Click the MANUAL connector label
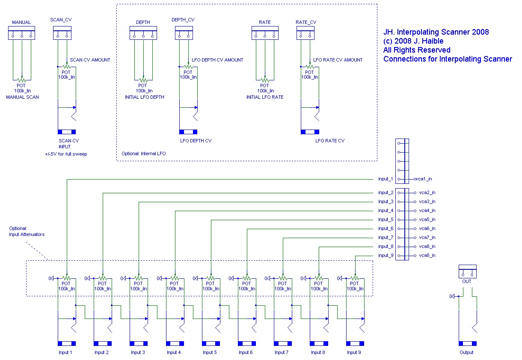click(x=21, y=22)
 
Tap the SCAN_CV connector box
click(x=62, y=33)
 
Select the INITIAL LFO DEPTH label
click(x=145, y=97)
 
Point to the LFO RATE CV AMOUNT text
click(x=338, y=60)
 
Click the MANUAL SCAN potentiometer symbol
click(x=22, y=80)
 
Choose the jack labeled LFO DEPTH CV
click(x=188, y=132)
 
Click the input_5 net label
click(x=386, y=220)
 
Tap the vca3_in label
click(x=427, y=202)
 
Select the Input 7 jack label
click(x=282, y=352)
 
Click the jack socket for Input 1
click(x=67, y=343)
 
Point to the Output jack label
click(x=466, y=352)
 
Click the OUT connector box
click(x=468, y=271)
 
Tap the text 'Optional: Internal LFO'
click(x=144, y=153)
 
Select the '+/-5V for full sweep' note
click(x=66, y=154)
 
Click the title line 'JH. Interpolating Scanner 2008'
click(x=436, y=32)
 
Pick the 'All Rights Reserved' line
click(x=417, y=50)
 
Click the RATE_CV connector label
click(x=306, y=22)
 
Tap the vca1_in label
click(x=424, y=179)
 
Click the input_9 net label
click(x=386, y=255)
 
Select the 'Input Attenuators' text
click(x=27, y=234)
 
